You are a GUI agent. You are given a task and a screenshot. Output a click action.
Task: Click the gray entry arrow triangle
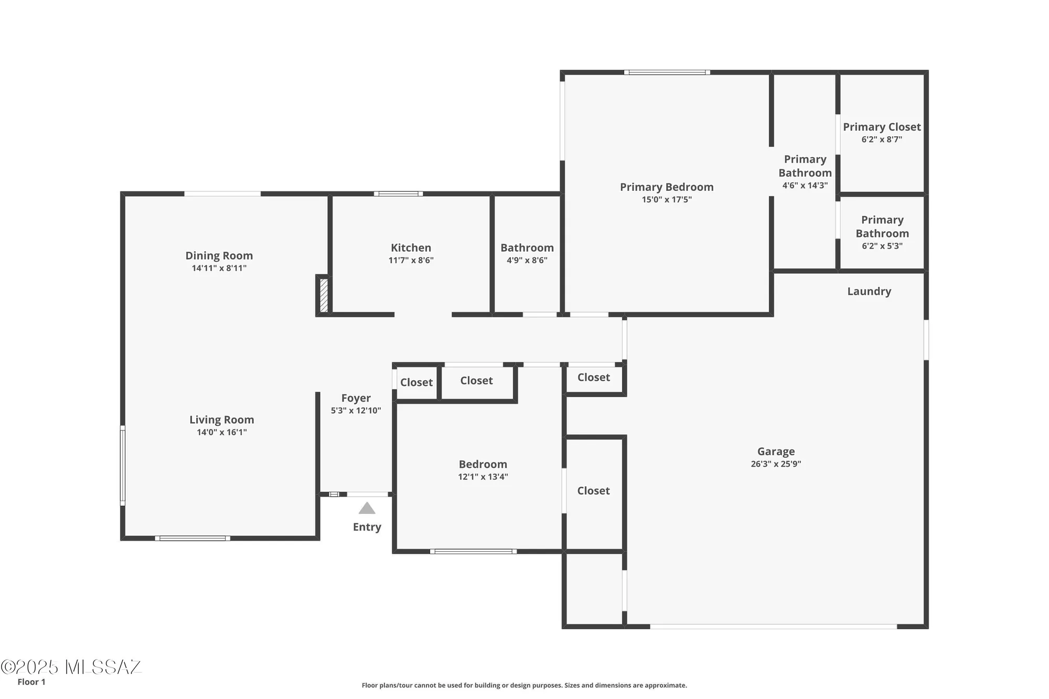pos(367,509)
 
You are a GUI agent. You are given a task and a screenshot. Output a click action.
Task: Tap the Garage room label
pos(776,451)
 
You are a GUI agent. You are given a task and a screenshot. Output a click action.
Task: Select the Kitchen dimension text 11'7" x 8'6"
pos(411,261)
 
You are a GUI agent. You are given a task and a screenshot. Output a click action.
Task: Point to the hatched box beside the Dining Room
pos(324,296)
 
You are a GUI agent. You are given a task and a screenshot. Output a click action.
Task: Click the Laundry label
pos(869,292)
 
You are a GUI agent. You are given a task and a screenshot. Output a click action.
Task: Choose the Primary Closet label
pos(882,127)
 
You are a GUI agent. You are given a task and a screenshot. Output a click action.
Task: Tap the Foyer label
pos(356,398)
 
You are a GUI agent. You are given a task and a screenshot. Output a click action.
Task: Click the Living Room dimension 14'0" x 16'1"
pos(221,433)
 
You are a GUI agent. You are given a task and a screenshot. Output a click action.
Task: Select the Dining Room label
pos(219,255)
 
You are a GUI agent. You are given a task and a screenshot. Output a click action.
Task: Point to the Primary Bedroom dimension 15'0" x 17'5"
pos(667,200)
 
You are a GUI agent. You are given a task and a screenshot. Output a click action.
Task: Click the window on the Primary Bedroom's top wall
pos(667,72)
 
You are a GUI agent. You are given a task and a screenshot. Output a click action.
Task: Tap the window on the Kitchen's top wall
pos(398,194)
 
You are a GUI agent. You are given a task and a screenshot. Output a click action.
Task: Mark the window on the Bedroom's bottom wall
pos(473,552)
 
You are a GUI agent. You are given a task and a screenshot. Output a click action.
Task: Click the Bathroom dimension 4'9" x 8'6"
pos(527,261)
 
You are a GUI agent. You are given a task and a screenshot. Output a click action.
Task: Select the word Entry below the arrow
pos(367,527)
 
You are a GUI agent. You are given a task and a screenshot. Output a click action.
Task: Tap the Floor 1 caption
pos(31,682)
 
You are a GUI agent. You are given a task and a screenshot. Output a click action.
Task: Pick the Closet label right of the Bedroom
pos(593,491)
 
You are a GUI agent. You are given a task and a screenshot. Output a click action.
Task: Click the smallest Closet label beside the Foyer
pos(416,382)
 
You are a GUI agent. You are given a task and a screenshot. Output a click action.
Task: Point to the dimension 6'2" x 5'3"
pos(882,246)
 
